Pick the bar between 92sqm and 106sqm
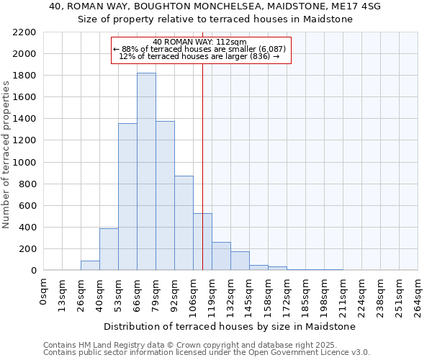coord(184,223)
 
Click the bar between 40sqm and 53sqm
coord(109,249)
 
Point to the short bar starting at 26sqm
coord(90,266)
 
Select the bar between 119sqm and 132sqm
coord(221,256)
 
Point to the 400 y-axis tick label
coord(27,228)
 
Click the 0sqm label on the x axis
coord(44,292)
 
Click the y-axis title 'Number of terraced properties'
coord(6,155)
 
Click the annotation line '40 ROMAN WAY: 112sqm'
coord(200,42)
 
